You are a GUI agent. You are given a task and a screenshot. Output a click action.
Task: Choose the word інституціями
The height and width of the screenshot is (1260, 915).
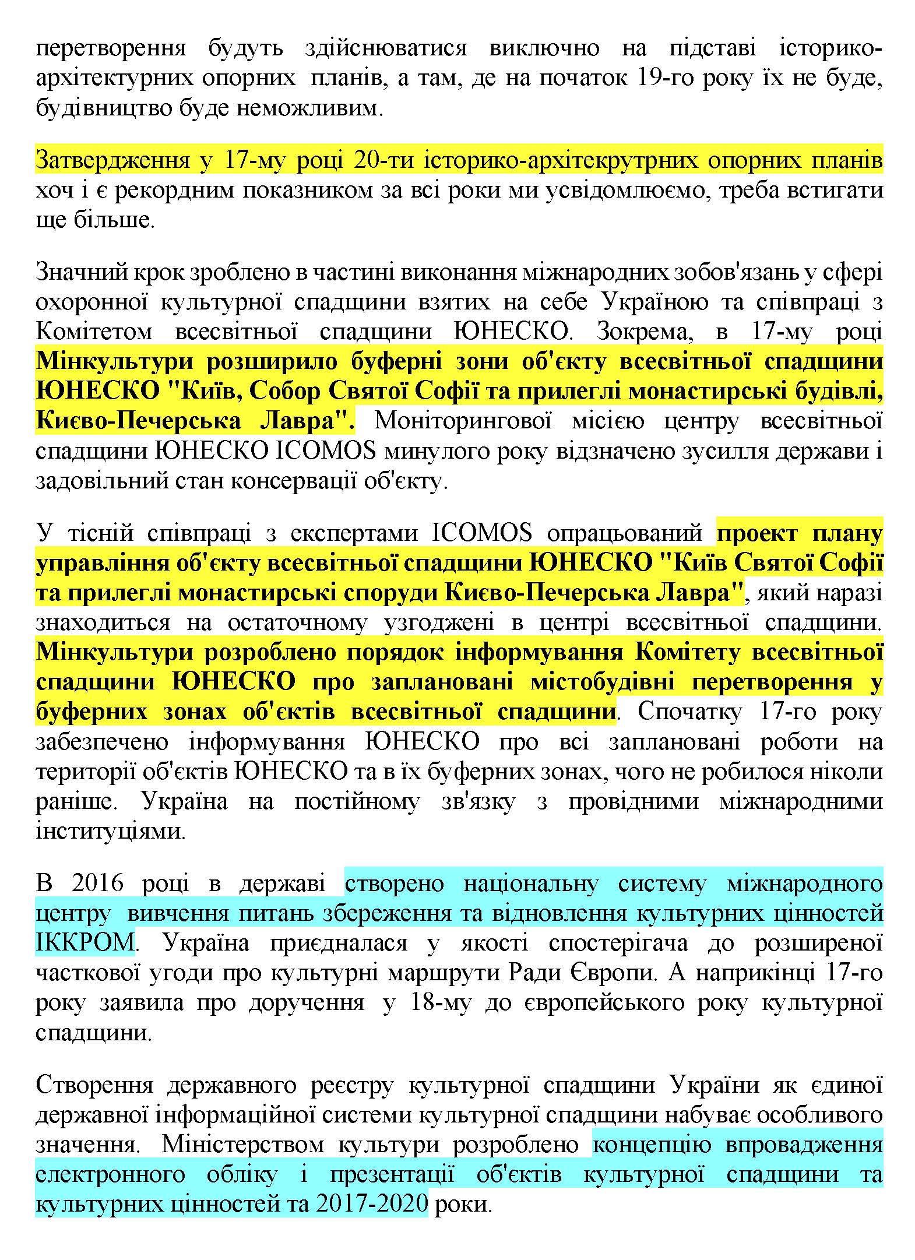pyautogui.click(x=110, y=831)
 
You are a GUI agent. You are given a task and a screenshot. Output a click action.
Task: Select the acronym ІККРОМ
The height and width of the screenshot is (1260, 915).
pyautogui.click(x=85, y=943)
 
